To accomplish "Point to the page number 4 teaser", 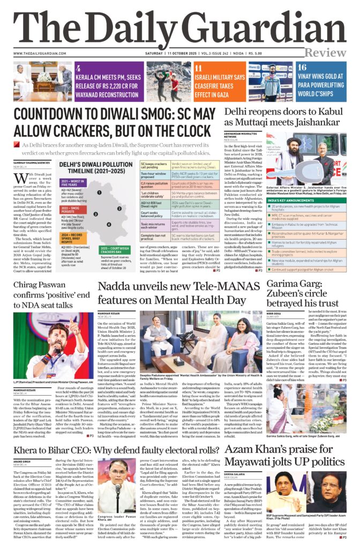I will pyautogui.click(x=79, y=68).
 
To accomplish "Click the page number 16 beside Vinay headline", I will pyautogui.click(x=302, y=68).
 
